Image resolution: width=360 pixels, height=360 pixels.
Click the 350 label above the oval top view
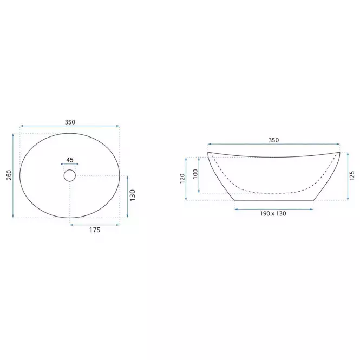(x=70, y=122)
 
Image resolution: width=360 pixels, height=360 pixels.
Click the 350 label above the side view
(x=274, y=140)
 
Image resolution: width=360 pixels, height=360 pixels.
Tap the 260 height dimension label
(x=9, y=175)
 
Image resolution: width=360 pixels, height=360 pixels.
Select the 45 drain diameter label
(x=70, y=160)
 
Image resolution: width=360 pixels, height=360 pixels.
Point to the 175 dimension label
(x=95, y=230)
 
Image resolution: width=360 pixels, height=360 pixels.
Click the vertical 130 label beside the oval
(x=133, y=195)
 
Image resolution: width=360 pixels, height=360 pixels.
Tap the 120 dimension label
(x=182, y=179)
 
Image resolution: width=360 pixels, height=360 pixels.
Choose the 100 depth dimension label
(x=195, y=174)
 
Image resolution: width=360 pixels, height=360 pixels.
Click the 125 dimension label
(x=352, y=175)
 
